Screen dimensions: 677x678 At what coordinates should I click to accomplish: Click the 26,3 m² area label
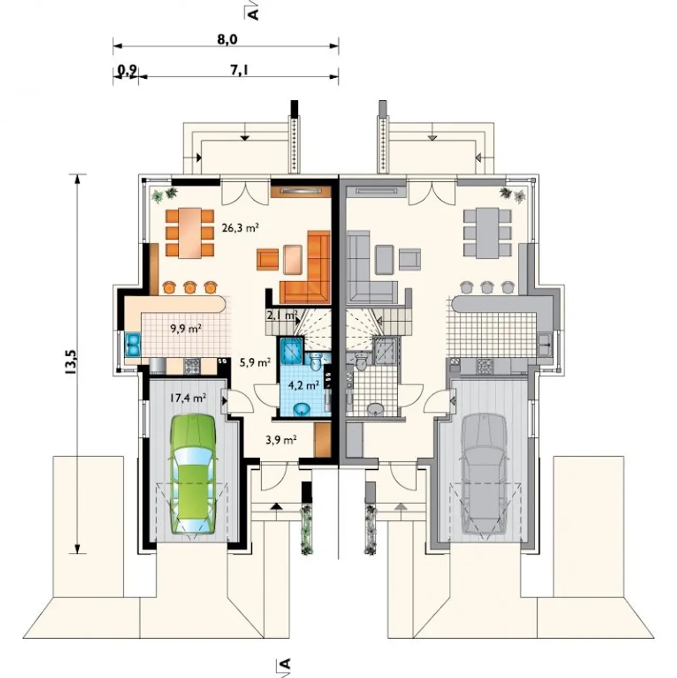(241, 228)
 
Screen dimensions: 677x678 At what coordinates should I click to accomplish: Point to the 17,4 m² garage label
(188, 398)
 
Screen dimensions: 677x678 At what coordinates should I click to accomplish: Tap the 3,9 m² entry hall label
(280, 439)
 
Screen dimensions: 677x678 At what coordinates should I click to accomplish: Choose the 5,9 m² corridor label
(255, 363)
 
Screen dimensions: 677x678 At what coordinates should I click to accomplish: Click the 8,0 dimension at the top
(227, 40)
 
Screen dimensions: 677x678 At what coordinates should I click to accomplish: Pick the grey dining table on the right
(488, 233)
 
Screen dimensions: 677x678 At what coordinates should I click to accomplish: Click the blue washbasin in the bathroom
(302, 409)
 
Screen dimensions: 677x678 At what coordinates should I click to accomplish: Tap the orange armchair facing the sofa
(268, 259)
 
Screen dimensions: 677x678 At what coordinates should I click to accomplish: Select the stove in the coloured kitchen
(193, 366)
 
